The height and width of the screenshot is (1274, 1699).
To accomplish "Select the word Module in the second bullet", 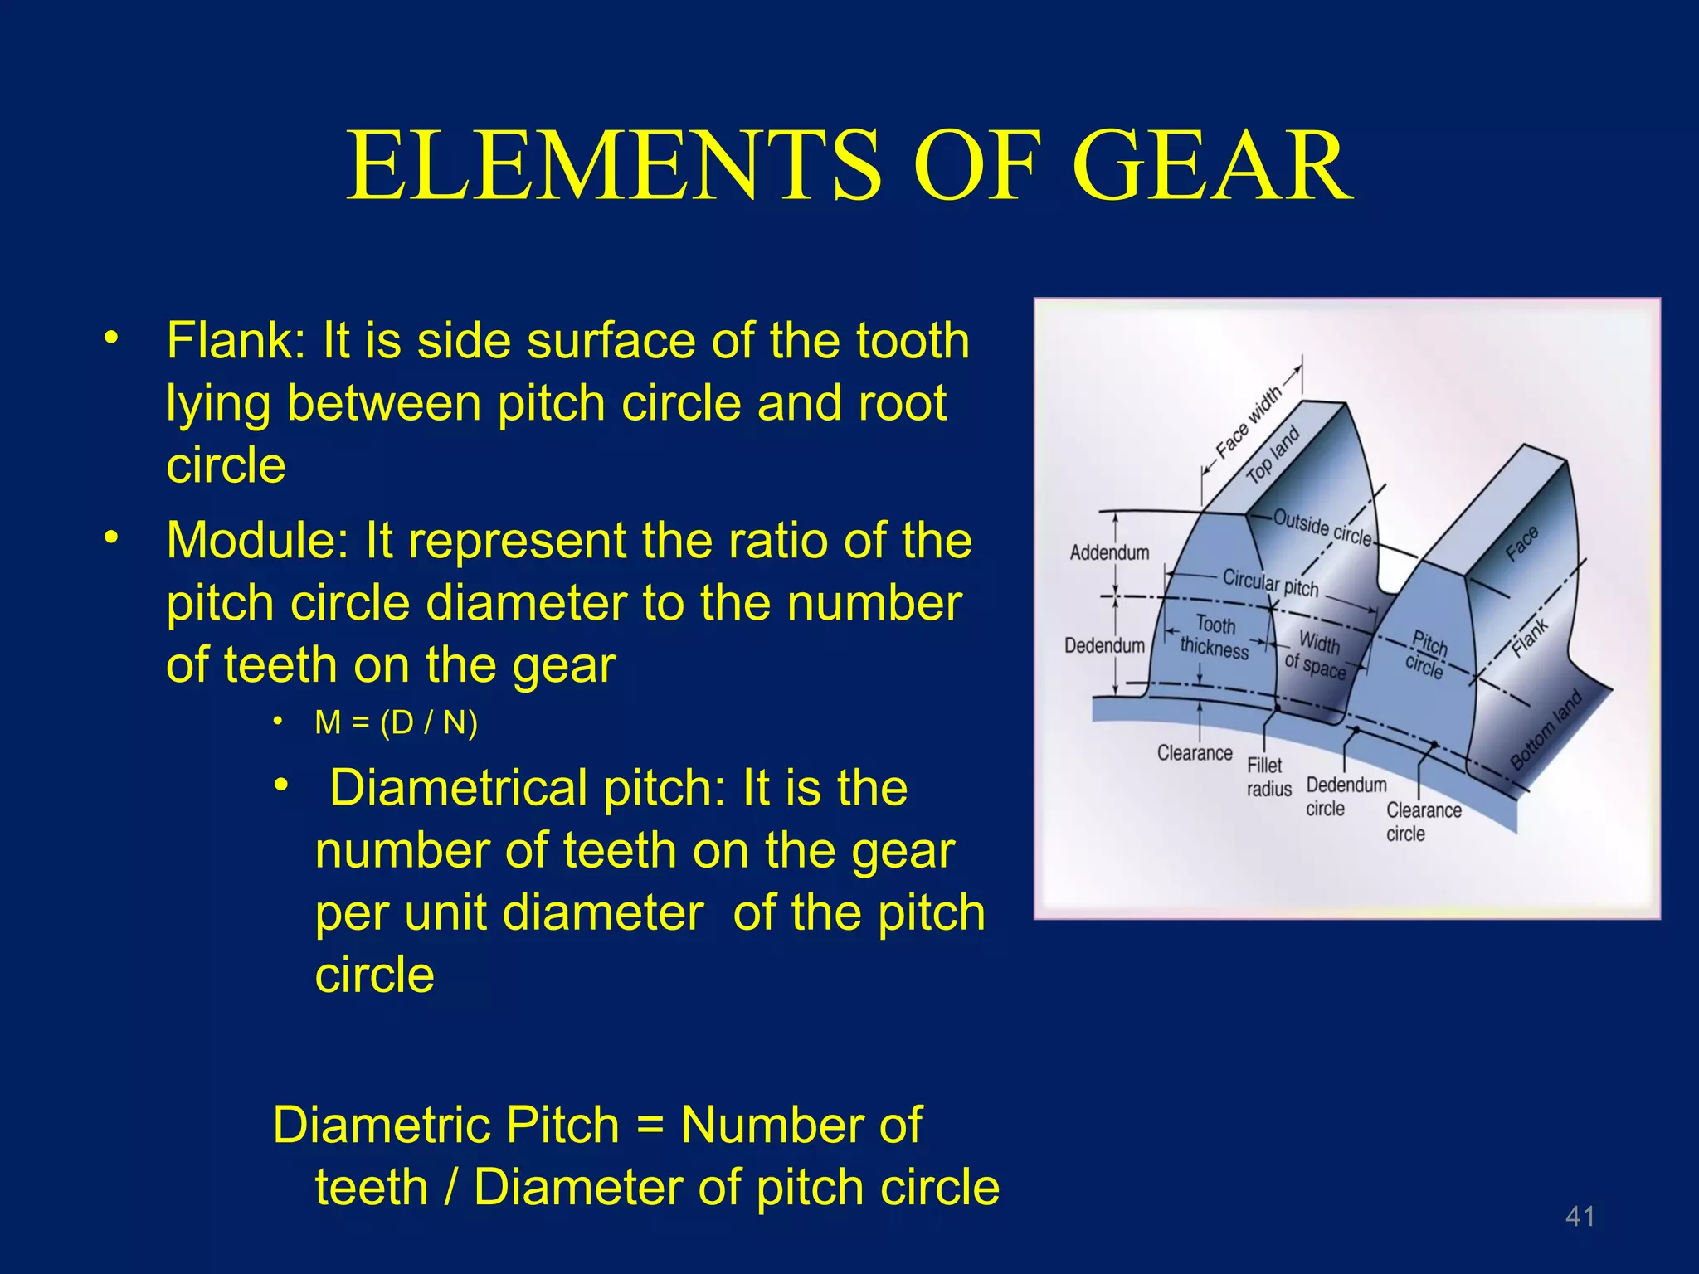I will (259, 541).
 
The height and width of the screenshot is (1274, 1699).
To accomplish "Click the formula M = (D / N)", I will (397, 723).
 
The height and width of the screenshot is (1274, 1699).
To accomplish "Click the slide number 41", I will (1580, 1217).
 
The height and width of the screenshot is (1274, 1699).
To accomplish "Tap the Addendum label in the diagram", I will (1109, 552).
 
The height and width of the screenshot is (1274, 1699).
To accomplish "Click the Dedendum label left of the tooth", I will (1104, 645).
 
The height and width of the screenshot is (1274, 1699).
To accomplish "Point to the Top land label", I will (1273, 456).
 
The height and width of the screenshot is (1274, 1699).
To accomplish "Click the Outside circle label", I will (1322, 528).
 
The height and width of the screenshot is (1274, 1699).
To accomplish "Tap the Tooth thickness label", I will (1215, 637).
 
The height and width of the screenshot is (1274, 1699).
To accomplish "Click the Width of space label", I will (1317, 655).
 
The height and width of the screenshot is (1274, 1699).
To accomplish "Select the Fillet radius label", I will (1268, 777).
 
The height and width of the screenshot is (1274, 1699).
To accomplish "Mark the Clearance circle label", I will (1424, 822).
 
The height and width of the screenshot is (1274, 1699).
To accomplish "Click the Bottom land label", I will (1546, 730).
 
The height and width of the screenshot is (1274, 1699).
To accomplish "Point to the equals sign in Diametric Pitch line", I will (651, 1126).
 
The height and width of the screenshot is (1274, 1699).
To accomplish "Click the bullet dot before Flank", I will (111, 339).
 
